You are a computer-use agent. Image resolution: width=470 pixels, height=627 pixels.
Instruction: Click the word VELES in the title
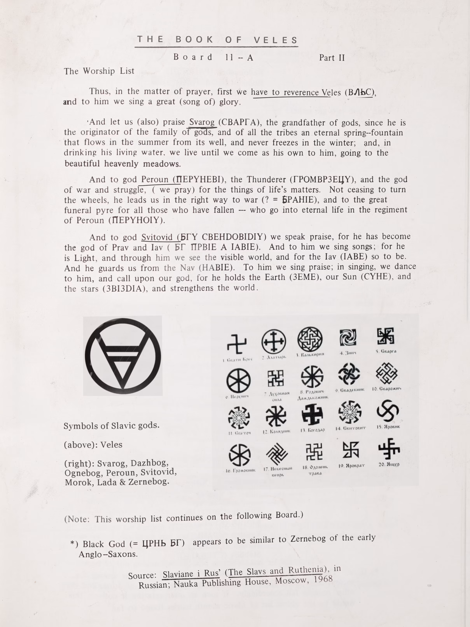pos(275,40)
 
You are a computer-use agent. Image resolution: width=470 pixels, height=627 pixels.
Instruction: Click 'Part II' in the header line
pos(332,58)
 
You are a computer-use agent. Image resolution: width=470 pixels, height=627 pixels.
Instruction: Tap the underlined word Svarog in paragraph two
pos(202,122)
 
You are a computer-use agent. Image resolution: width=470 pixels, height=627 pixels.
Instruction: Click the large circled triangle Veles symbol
pos(123,356)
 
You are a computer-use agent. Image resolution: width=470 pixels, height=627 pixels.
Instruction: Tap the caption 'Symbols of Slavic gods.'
pos(111,426)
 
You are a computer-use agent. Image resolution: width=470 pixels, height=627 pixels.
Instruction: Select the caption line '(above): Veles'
pos(93,444)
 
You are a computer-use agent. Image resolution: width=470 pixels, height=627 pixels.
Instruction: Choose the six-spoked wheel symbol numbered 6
pos(238,381)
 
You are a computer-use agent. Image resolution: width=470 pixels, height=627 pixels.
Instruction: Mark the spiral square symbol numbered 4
pos(348,337)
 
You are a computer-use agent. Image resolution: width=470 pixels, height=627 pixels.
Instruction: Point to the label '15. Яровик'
pos(388,427)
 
